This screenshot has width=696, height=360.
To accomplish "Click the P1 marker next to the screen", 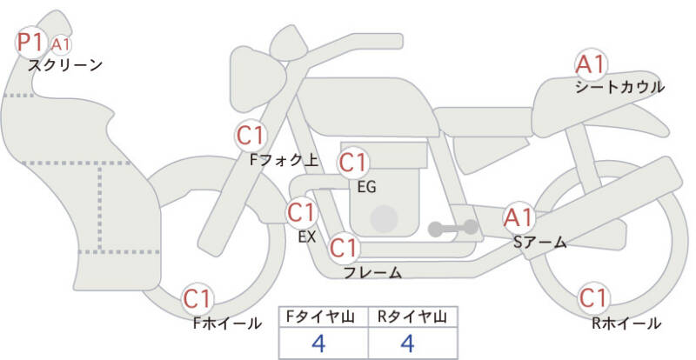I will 31,42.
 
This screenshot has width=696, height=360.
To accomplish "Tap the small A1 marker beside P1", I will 59,44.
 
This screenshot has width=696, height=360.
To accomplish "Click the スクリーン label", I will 65,65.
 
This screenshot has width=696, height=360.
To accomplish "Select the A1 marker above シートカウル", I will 592,64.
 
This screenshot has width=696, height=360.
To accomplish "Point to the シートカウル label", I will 619,87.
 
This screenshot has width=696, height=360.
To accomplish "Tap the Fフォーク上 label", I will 284,160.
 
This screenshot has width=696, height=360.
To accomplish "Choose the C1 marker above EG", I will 354,163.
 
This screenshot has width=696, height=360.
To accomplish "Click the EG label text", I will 366,185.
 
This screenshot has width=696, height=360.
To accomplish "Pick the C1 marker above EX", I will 302,211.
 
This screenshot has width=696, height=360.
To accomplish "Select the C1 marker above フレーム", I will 344,249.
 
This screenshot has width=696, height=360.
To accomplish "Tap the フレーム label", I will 372,272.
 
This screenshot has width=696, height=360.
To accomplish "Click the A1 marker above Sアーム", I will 520,217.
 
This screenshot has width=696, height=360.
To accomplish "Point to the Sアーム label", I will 539,243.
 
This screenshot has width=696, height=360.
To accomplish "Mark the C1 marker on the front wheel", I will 198,299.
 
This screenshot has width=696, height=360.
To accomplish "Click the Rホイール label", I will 626,323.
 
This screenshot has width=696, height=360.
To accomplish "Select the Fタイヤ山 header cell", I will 322,317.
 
